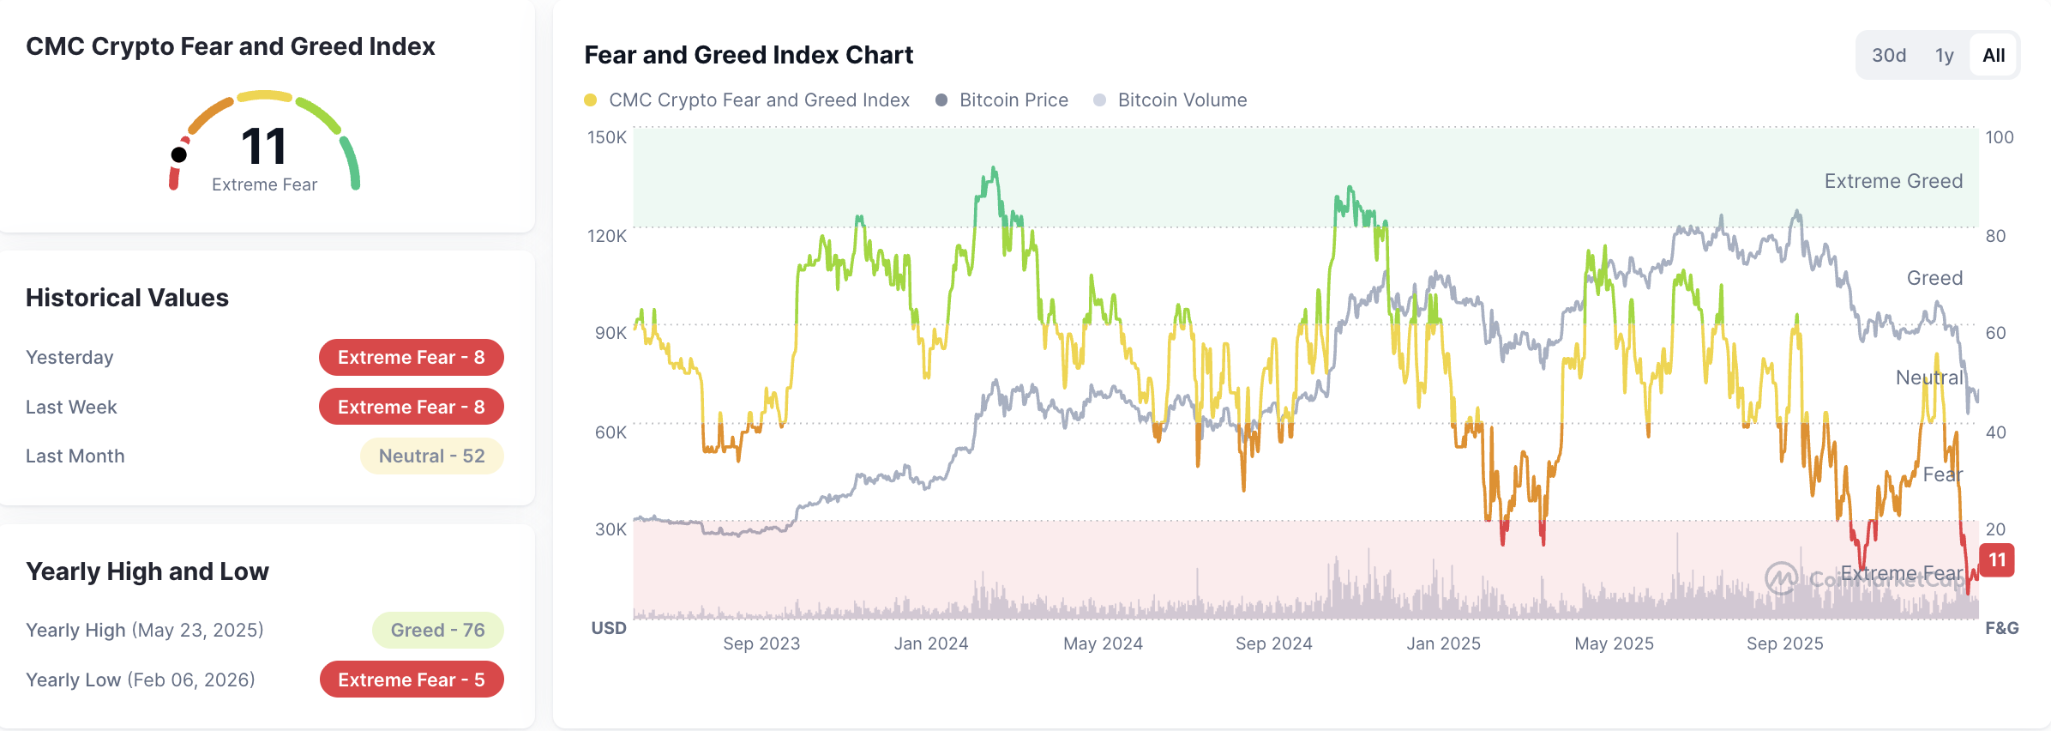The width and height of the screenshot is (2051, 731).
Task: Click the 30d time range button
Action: point(1889,56)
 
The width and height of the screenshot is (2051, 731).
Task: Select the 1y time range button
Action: point(1944,56)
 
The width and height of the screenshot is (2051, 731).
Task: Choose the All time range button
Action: point(1994,56)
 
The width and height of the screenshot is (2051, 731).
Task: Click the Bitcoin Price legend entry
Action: point(1002,100)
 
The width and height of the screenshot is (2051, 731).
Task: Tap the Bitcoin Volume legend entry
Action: point(1170,100)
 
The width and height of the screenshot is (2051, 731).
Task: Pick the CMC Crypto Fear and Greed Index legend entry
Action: point(747,100)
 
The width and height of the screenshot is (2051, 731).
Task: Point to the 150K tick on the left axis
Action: point(606,137)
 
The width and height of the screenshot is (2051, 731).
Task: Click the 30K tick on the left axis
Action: point(610,529)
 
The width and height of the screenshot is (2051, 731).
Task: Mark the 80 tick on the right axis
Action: point(1995,236)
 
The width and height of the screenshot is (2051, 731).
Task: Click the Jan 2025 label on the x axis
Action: point(1443,643)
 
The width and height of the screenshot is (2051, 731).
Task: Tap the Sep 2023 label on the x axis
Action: point(761,643)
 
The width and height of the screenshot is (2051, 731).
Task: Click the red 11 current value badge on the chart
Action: point(1997,560)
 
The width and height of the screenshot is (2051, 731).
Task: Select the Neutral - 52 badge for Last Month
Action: point(431,456)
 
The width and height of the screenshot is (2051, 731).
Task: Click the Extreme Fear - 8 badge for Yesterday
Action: point(411,358)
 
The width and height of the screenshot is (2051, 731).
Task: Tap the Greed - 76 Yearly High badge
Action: point(437,631)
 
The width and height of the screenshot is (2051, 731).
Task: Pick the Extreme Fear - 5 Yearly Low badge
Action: point(411,680)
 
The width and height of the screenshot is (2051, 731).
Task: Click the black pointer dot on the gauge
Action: point(179,154)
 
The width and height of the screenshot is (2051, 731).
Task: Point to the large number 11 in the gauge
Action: point(263,147)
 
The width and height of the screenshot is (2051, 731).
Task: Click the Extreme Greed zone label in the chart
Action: point(1892,181)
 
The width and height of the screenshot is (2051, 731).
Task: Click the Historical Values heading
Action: point(127,298)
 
